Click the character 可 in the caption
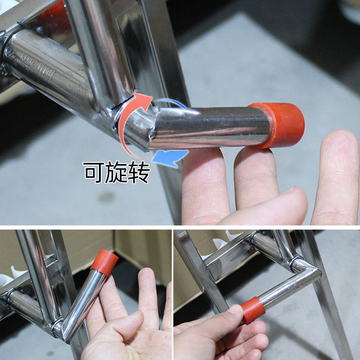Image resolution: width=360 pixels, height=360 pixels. (x=93, y=172)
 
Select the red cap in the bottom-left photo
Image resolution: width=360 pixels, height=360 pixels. (x=105, y=262)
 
